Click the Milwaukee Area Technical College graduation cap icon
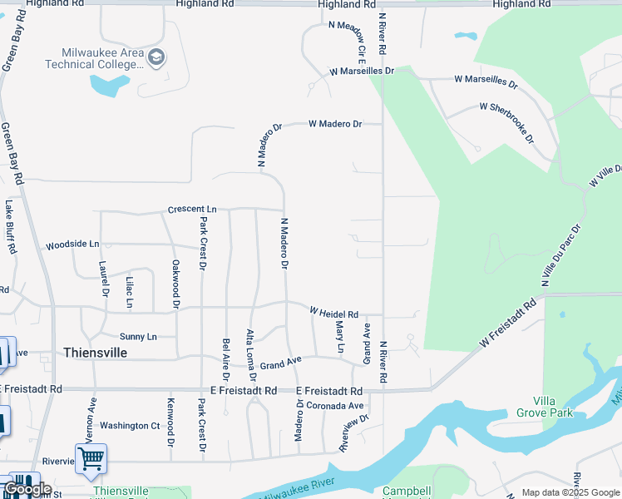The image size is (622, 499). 156,57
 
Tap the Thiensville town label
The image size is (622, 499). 95,353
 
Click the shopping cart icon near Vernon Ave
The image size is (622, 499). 91,458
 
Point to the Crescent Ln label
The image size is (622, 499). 191,210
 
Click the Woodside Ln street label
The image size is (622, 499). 72,245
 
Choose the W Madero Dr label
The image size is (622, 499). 335,124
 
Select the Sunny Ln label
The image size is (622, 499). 137,337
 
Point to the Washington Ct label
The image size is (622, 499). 130,426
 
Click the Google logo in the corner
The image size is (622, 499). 27,489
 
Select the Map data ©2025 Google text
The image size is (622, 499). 570,493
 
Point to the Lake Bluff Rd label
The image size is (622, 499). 10,226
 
